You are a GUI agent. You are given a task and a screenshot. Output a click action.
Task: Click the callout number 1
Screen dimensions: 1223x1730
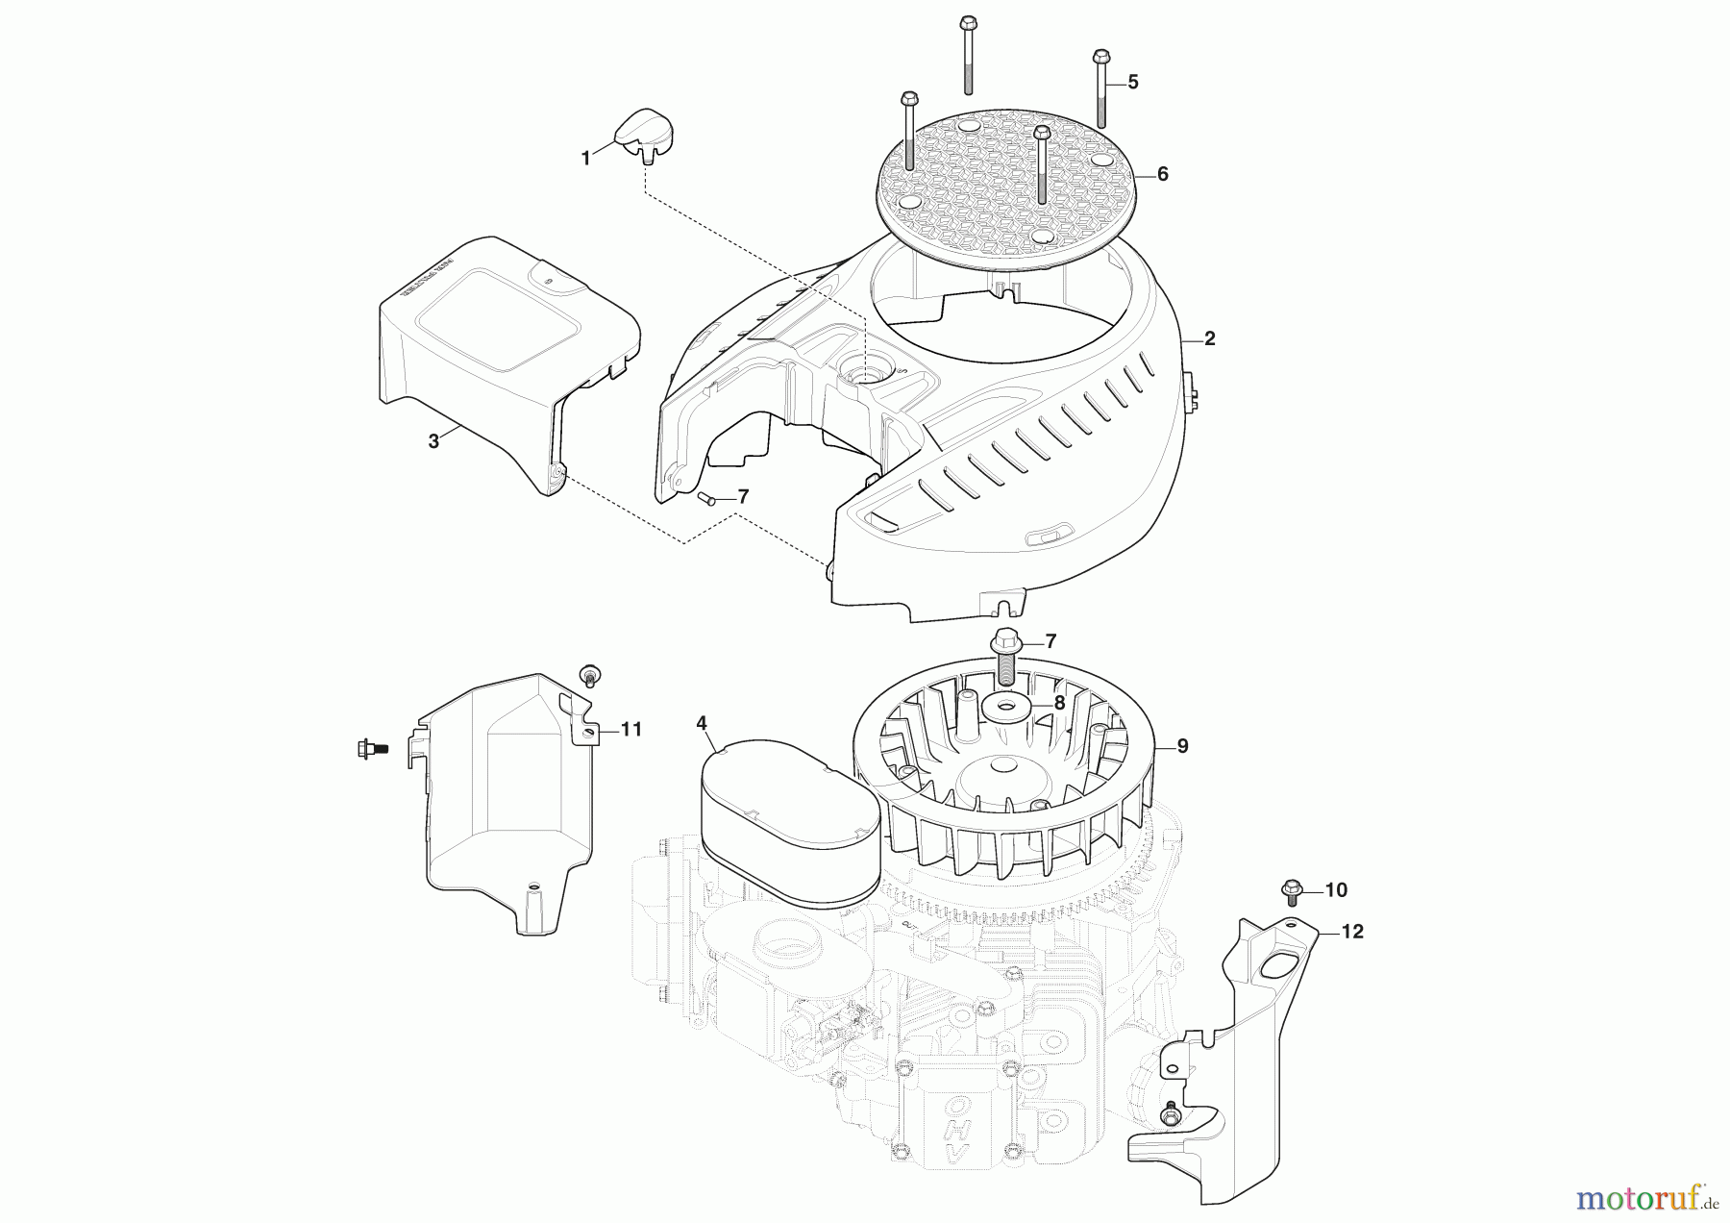pyautogui.click(x=586, y=159)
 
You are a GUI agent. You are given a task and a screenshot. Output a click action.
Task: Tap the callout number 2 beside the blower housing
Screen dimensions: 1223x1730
pyautogui.click(x=1210, y=338)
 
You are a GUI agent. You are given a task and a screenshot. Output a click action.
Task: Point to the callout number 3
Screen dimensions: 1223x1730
pyautogui.click(x=433, y=441)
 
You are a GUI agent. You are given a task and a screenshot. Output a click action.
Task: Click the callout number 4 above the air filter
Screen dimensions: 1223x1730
pyautogui.click(x=702, y=723)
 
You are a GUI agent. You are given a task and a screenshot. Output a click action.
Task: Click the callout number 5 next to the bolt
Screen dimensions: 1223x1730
pyautogui.click(x=1132, y=83)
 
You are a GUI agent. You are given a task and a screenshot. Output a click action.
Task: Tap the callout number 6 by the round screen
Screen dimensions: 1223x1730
pyautogui.click(x=1162, y=174)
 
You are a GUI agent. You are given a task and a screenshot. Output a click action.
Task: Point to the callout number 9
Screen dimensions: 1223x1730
pyautogui.click(x=1182, y=746)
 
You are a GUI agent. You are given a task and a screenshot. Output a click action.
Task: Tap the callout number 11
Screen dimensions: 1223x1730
pyautogui.click(x=630, y=730)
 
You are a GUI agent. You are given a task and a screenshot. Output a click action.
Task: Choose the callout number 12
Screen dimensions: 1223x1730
pyautogui.click(x=1351, y=932)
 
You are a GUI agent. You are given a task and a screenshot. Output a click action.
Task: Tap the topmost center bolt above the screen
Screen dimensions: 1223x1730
pyautogui.click(x=969, y=53)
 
